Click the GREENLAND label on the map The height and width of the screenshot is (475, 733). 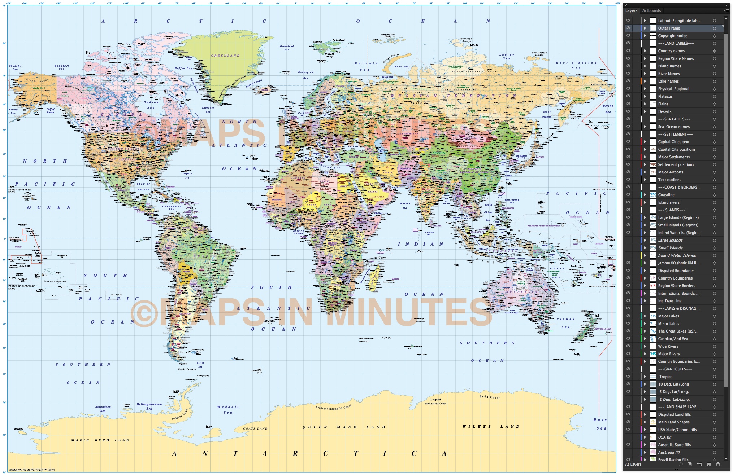click(225, 56)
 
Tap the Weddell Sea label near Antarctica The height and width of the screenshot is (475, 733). click(228, 410)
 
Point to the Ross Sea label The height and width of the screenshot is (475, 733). click(600, 424)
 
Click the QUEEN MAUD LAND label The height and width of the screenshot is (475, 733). click(344, 427)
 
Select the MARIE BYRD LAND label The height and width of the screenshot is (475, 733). click(100, 440)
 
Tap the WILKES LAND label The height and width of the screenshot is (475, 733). click(491, 427)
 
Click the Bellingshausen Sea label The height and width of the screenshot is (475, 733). click(149, 406)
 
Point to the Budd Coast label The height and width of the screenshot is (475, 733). click(490, 397)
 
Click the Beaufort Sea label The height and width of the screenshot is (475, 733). click(62, 67)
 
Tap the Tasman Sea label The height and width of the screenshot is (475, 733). click(565, 323)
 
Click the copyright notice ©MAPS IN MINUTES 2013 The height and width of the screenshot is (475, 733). click(32, 470)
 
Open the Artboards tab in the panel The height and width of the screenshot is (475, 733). click(651, 11)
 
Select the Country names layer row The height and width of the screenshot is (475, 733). click(671, 51)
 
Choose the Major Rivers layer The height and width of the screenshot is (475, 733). click(669, 354)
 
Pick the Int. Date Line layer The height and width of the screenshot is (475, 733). click(669, 301)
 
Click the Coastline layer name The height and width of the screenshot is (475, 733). click(666, 195)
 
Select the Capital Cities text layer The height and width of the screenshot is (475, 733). click(673, 142)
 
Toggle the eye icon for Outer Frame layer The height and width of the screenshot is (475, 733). click(628, 28)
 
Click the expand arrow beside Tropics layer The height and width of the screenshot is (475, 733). click(645, 377)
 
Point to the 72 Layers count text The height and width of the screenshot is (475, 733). click(633, 464)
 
